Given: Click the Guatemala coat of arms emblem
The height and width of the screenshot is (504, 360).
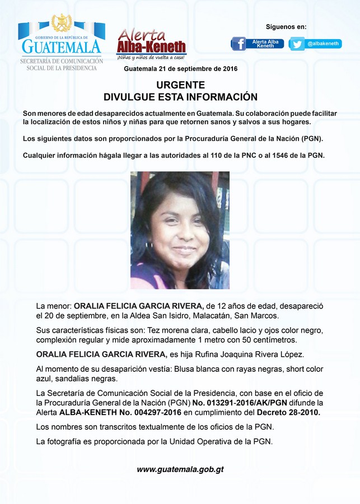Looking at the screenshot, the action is point(62,24).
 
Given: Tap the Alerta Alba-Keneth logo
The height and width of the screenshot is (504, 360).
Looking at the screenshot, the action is point(151,44).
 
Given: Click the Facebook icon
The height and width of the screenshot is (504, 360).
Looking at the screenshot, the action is point(239,43).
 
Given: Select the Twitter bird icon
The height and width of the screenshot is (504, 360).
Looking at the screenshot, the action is point(297,43).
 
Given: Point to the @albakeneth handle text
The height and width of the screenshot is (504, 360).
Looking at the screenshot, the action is point(323,43).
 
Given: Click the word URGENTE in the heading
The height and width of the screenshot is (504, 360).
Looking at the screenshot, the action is point(180,85).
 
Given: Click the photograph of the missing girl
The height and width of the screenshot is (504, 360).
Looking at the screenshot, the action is point(180,230).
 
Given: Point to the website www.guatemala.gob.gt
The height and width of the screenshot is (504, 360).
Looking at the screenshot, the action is point(180,469).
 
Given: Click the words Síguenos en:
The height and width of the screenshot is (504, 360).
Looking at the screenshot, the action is point(286,27).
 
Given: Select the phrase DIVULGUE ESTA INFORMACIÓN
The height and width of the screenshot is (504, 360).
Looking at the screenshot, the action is point(180,96).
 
